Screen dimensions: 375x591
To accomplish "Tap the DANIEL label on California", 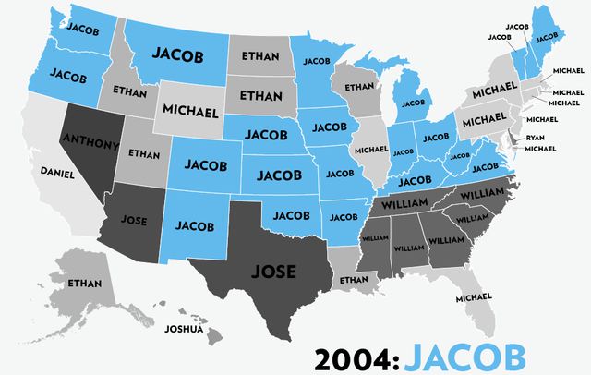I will click(x=57, y=173).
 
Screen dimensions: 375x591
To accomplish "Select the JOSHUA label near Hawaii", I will click(x=183, y=328).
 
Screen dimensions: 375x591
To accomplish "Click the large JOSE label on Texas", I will click(x=274, y=272).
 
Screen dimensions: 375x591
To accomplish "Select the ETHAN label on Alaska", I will click(x=85, y=283).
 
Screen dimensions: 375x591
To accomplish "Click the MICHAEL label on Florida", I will click(x=474, y=298).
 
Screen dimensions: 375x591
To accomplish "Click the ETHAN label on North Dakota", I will click(x=259, y=56).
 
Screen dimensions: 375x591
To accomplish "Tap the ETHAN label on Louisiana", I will click(x=353, y=279).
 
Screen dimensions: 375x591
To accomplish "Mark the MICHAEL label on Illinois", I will click(x=371, y=150).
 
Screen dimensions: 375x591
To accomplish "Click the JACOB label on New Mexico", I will click(x=195, y=224).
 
